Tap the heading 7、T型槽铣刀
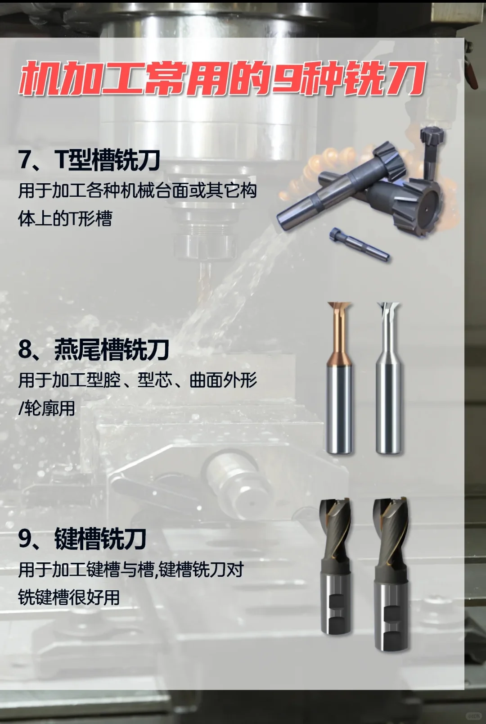point(89,160)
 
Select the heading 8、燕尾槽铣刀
point(93,349)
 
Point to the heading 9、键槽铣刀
point(82,538)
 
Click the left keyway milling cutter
point(335,567)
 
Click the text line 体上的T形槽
point(65,219)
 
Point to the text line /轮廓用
point(46,408)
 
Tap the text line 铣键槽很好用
point(69,597)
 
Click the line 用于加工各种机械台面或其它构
point(137,190)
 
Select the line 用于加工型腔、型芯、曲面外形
point(137,380)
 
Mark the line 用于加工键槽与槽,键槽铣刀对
point(130,570)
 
